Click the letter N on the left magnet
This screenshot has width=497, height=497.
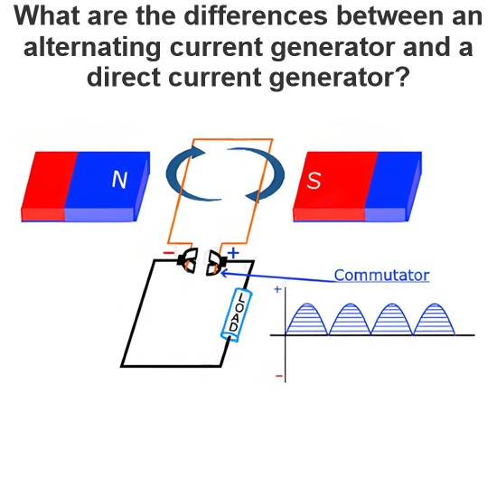(119, 180)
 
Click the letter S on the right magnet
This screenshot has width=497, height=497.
(314, 181)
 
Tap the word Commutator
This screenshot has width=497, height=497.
(381, 275)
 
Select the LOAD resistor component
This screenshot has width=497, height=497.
(237, 315)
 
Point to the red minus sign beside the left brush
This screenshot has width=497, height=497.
(169, 253)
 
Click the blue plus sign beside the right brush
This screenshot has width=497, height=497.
(233, 253)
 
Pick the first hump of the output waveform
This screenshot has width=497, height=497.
(306, 319)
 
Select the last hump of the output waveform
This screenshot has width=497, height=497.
(435, 319)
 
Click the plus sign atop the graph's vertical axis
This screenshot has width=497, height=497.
(277, 289)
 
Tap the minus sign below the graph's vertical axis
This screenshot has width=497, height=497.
(279, 376)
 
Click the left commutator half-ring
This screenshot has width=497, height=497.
(190, 261)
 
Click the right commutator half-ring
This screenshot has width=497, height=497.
(216, 263)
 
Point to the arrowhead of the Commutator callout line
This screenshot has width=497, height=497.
(222, 273)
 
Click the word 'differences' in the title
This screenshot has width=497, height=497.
(256, 16)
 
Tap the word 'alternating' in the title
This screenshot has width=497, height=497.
(92, 47)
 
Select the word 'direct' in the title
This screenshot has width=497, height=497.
(124, 78)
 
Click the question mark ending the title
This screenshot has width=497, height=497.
(402, 77)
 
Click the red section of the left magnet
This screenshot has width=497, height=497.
(49, 186)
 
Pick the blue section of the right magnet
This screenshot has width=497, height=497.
(394, 186)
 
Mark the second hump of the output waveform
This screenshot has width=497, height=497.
(350, 319)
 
